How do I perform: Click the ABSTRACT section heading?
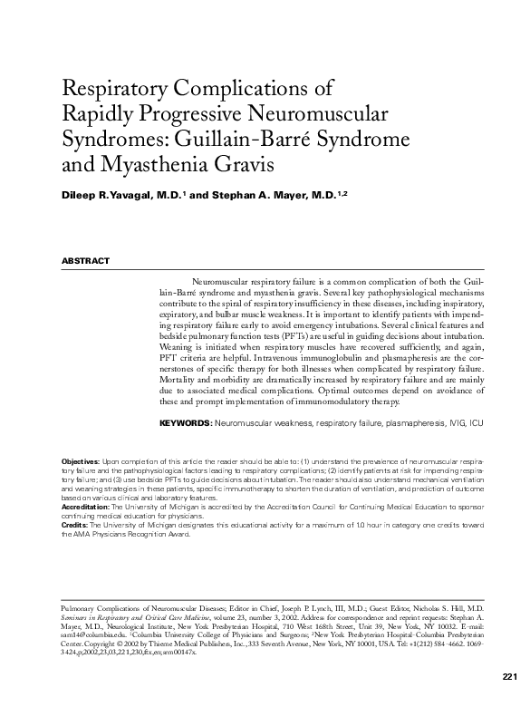coord(85,261)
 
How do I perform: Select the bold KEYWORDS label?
coord(186,422)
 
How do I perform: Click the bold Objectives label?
coord(81,462)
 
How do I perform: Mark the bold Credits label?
coord(74,525)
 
